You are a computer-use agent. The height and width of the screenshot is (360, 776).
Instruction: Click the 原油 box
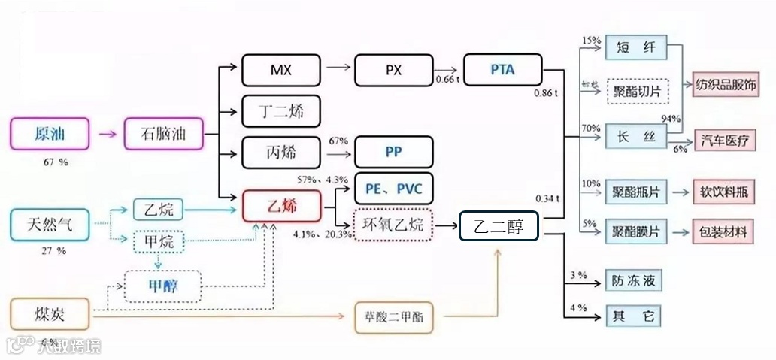pos(50,135)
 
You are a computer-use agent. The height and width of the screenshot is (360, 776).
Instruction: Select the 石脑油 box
pos(162,135)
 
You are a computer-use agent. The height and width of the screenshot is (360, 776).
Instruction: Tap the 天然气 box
pos(50,222)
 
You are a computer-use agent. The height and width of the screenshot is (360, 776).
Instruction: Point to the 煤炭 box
pos(50,313)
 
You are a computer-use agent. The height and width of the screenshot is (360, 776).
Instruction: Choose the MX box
pos(281,71)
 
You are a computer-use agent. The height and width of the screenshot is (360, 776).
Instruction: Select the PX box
pos(393,71)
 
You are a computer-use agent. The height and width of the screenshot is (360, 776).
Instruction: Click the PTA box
pos(502,71)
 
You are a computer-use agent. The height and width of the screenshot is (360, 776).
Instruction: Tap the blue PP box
pos(393,152)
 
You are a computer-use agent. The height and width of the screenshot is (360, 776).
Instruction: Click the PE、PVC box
pos(393,187)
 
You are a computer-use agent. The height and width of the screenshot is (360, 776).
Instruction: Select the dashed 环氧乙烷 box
pos(393,224)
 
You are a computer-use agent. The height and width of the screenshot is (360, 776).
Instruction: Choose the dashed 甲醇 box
pos(163,286)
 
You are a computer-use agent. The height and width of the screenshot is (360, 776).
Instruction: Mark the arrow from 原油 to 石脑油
pos(107,135)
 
